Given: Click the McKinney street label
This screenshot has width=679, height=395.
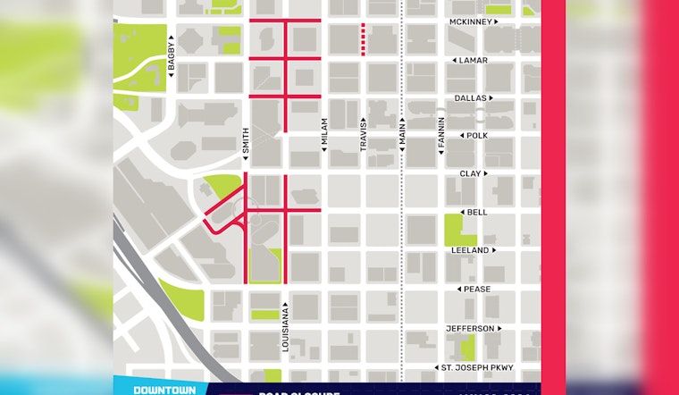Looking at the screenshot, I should coord(470,21).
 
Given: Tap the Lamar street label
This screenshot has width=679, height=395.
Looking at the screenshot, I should coord(473,60).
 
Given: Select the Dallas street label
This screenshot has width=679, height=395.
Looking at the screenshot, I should coord(470,97).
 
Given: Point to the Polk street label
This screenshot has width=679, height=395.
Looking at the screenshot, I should coord(474,136).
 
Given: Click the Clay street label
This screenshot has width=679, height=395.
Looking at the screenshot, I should coord(470,173).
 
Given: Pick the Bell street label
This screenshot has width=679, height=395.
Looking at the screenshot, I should coord(476,213).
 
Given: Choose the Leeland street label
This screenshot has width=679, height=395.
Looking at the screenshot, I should coord(470,250).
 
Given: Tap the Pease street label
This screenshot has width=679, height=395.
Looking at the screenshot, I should coord(476,290).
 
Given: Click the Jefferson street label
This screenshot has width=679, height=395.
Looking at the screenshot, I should coord(470,329).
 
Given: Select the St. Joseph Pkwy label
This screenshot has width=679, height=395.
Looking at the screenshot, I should coord(471,367).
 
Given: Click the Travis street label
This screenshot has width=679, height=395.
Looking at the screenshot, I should coord(364,136).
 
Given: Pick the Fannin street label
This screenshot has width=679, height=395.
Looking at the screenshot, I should coord(441,137).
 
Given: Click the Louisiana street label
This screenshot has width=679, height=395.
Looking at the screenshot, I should coord(287,332).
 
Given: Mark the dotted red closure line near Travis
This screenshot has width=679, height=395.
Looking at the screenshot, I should coord(363,39).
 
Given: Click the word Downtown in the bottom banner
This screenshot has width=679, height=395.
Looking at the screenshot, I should coord(159,390).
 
